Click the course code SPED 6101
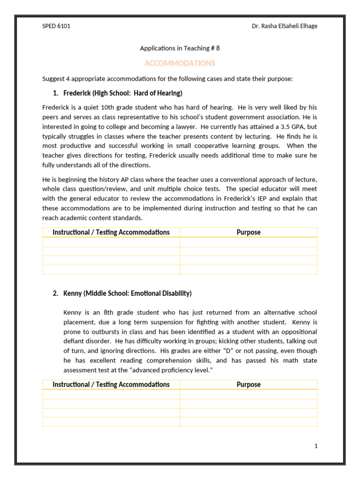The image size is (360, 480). (56, 26)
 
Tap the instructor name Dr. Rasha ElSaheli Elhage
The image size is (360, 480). (285, 26)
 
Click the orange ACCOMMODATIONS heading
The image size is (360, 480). (180, 63)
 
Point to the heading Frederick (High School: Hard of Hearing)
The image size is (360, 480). (123, 93)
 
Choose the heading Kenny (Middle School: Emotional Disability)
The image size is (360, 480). (127, 293)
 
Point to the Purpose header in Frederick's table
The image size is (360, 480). (248, 232)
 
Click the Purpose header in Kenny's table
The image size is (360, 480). (248, 384)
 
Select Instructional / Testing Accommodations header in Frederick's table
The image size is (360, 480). (111, 232)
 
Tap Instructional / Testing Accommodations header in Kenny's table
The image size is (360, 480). (111, 384)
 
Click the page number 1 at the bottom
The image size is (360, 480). (316, 446)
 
